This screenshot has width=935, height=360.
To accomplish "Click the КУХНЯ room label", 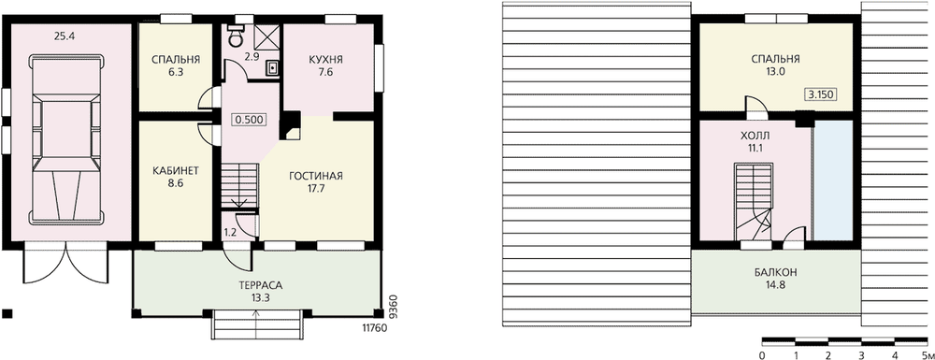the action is point(325,60).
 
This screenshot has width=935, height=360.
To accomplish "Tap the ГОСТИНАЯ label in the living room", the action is point(315,176).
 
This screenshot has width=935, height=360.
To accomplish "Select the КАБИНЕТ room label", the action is point(176,170).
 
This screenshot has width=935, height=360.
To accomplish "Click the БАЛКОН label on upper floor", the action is point(775,272).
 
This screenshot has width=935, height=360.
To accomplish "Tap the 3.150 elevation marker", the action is point(821,94).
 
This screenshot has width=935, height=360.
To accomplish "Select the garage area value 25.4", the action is point(64,36).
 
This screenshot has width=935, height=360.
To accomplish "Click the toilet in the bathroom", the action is point(237,36).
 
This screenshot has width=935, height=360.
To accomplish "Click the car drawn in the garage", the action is point(67,139).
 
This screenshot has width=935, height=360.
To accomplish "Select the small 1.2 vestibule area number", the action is point(230,232).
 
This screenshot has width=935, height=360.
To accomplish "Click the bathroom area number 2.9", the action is point(251,57).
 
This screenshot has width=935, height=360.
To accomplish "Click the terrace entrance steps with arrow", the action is point(257,324).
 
